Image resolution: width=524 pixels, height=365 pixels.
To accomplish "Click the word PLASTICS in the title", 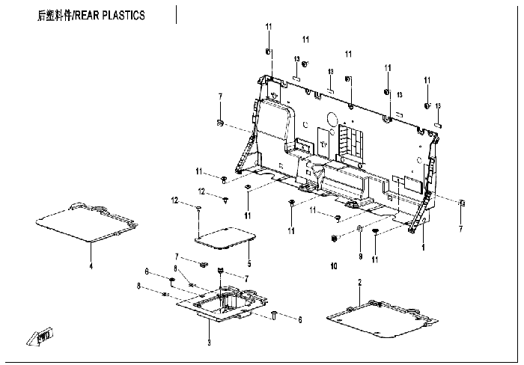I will [x=127, y=15].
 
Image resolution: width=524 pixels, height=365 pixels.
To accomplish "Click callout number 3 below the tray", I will [x=210, y=343].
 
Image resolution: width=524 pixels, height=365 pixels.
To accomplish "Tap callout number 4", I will [x=91, y=266].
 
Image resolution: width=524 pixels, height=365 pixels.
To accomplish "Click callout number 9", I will [x=359, y=256].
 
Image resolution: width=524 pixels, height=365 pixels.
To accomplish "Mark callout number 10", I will [x=334, y=266].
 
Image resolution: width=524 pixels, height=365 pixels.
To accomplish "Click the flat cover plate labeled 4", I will [x=86, y=221].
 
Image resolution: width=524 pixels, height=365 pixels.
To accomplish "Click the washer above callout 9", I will [x=359, y=228].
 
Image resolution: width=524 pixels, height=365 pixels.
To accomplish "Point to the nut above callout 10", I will [x=332, y=239].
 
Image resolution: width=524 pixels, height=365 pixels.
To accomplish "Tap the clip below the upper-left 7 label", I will [x=220, y=122].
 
